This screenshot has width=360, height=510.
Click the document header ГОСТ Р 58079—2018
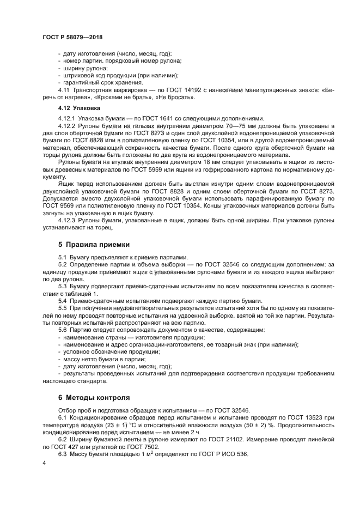click(x=72, y=37)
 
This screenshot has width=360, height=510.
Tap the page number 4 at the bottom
click(x=44, y=462)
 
